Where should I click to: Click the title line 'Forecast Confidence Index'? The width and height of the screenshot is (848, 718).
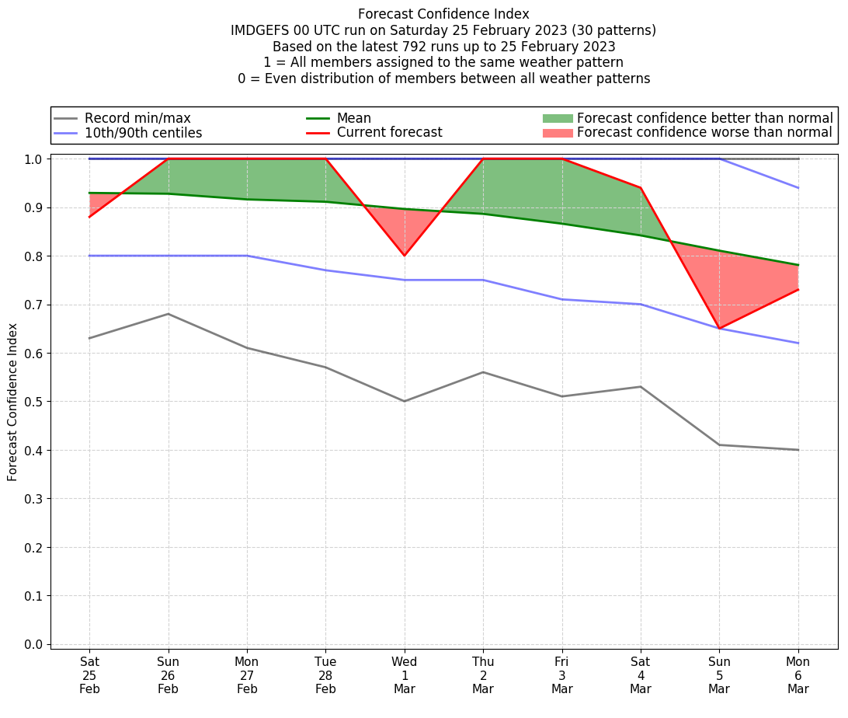click(443, 14)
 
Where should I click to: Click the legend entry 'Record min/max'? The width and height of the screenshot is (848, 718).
click(137, 118)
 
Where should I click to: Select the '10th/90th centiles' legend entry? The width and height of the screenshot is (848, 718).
click(143, 133)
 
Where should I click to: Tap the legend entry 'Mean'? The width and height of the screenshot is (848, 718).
click(353, 118)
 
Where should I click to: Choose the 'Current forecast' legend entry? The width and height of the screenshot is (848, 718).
click(389, 133)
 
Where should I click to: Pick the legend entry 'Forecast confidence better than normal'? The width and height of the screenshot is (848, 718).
click(704, 118)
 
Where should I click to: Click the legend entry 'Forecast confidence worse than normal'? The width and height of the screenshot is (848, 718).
click(704, 133)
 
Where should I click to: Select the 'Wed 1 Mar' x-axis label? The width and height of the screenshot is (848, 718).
click(405, 675)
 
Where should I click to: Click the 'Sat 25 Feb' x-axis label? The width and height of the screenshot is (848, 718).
click(89, 675)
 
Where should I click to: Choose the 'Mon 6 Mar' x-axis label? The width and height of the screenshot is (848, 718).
click(798, 675)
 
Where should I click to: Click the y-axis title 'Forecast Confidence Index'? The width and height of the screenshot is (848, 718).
click(13, 402)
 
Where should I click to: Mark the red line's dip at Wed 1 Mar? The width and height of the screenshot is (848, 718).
click(405, 256)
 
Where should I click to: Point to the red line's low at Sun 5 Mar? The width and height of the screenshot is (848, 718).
click(719, 329)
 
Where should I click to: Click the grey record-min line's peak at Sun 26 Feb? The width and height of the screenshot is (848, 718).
click(169, 314)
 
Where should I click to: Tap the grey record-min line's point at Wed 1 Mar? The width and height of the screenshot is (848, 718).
click(405, 401)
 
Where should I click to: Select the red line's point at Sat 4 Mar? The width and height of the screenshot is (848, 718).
click(641, 188)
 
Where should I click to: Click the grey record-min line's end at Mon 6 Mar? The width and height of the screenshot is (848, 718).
click(798, 450)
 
